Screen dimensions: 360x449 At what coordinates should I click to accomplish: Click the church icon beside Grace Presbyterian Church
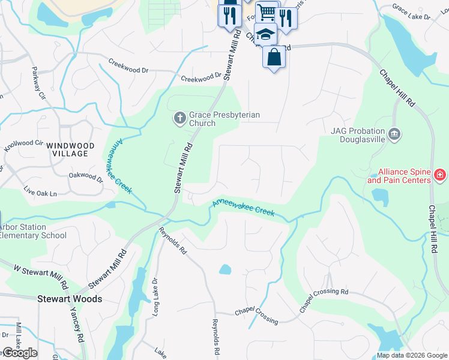pos(179,119)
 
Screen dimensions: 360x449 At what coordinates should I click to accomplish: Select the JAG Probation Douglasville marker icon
pos(394,134)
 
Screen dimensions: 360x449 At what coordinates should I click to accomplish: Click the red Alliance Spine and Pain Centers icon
pos(440,176)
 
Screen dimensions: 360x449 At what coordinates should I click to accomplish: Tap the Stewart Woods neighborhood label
pos(70,298)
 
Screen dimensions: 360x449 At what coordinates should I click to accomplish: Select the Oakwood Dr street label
pos(86,176)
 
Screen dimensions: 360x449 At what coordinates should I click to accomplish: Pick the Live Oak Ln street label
pos(40,193)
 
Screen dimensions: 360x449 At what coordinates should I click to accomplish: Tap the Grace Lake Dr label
pos(411,13)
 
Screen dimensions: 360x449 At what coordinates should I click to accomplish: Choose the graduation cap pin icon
pos(265,35)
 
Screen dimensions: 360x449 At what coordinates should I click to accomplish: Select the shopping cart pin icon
pos(267,12)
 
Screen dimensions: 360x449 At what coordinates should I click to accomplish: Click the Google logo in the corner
pos(19,353)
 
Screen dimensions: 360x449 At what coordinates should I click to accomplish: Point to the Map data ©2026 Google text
pos(411,355)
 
